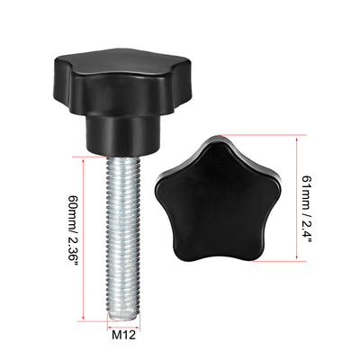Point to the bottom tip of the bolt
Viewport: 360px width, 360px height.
[x=123, y=316]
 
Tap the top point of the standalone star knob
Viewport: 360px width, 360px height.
[x=216, y=139]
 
